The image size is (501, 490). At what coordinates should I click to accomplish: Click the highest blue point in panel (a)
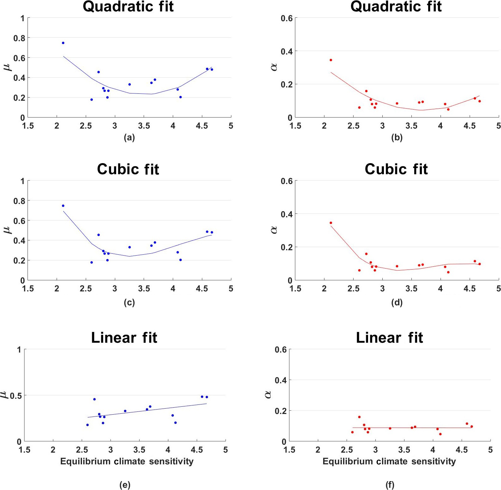pyautogui.click(x=63, y=43)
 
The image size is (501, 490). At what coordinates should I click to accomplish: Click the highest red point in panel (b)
pyautogui.click(x=331, y=60)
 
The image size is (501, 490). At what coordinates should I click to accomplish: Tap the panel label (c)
pyautogui.click(x=129, y=302)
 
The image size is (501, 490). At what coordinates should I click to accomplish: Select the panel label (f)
pyautogui.click(x=390, y=485)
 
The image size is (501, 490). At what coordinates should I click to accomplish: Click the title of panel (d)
pyautogui.click(x=396, y=169)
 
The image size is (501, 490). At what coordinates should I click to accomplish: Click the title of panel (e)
pyautogui.click(x=124, y=338)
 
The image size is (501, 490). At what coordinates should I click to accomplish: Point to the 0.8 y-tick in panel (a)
pyautogui.click(x=19, y=38)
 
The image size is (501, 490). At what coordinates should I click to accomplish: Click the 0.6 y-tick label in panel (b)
pyautogui.click(x=286, y=18)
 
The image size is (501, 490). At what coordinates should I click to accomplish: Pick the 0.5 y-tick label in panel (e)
pyautogui.click(x=16, y=396)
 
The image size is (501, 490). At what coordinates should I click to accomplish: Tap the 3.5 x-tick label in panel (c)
pyautogui.click(x=144, y=289)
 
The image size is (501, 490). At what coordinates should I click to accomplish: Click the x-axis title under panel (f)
pyautogui.click(x=389, y=461)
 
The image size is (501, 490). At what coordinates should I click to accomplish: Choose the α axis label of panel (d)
pyautogui.click(x=274, y=230)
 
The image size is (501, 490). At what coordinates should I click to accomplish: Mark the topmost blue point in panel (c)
pyautogui.click(x=63, y=206)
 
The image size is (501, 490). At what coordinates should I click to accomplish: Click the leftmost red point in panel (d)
pyautogui.click(x=331, y=223)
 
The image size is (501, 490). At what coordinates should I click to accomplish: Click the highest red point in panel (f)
pyautogui.click(x=359, y=417)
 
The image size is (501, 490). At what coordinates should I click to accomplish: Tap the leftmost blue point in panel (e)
pyautogui.click(x=87, y=425)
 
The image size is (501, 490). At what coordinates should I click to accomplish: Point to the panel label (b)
pyautogui.click(x=397, y=137)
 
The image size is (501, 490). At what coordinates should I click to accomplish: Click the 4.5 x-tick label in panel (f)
pyautogui.click(x=461, y=450)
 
